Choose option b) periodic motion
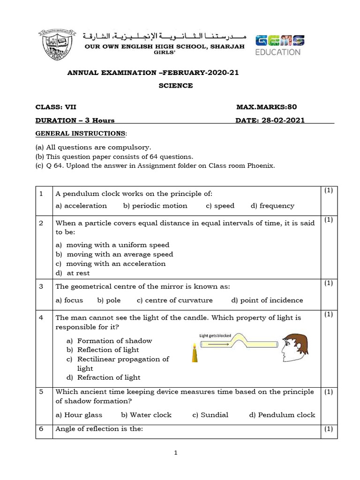155,206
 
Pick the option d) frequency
272,206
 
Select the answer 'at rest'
78,273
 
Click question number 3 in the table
41,285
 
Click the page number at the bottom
175,453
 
